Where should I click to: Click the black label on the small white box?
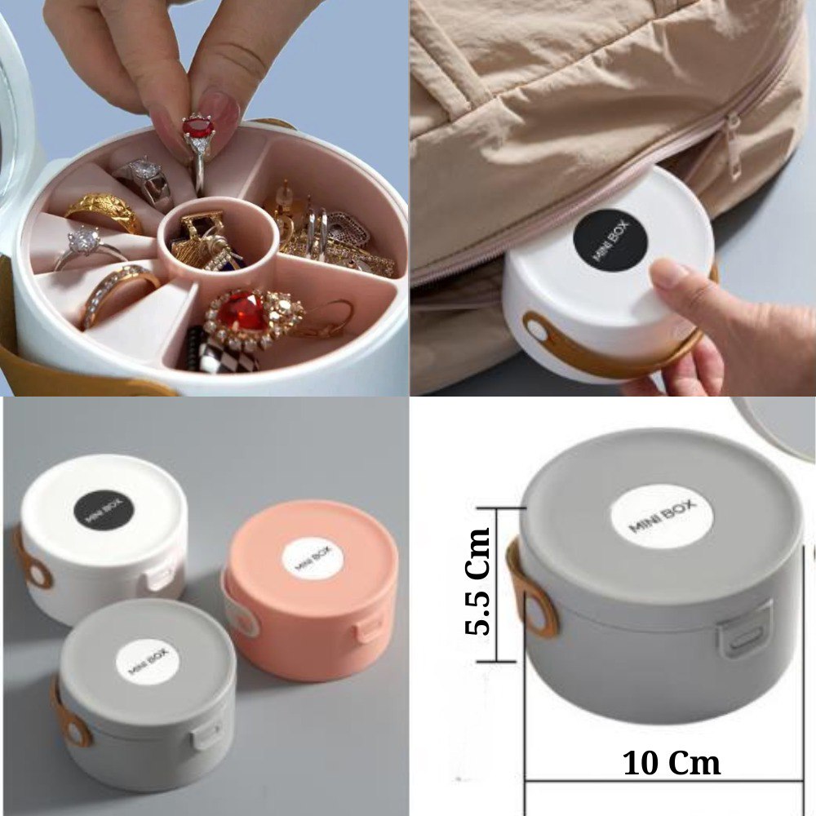pos(104,510)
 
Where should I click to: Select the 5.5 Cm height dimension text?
pos(477,581)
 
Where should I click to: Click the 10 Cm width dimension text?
pos(672,763)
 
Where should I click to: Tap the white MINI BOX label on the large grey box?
pos(662,516)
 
